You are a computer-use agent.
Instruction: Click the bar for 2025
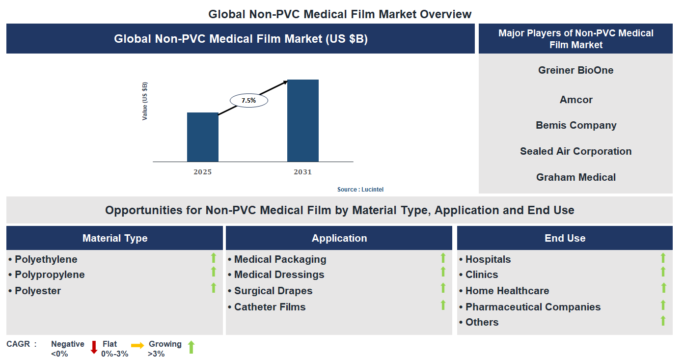202,137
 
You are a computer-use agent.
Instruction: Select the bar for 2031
302,120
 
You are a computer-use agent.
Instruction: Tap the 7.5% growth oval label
248,100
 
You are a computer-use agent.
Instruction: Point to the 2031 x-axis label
302,172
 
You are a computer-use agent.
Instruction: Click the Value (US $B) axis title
145,101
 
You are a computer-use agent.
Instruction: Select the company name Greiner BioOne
575,70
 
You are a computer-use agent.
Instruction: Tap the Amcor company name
575,100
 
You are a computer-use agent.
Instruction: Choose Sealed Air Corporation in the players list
575,151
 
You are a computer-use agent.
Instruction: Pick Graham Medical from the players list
575,177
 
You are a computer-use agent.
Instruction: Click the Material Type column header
115,238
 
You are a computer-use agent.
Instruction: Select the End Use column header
565,238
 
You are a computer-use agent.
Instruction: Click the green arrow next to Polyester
214,288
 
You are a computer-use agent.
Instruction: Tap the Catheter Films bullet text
270,307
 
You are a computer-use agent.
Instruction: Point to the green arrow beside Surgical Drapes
443,288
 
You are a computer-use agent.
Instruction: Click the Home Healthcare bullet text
507,291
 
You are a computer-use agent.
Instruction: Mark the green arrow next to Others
663,321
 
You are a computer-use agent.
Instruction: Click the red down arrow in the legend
94,347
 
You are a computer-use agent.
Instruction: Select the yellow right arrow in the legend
137,346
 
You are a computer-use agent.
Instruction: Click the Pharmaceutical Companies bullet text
533,307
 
